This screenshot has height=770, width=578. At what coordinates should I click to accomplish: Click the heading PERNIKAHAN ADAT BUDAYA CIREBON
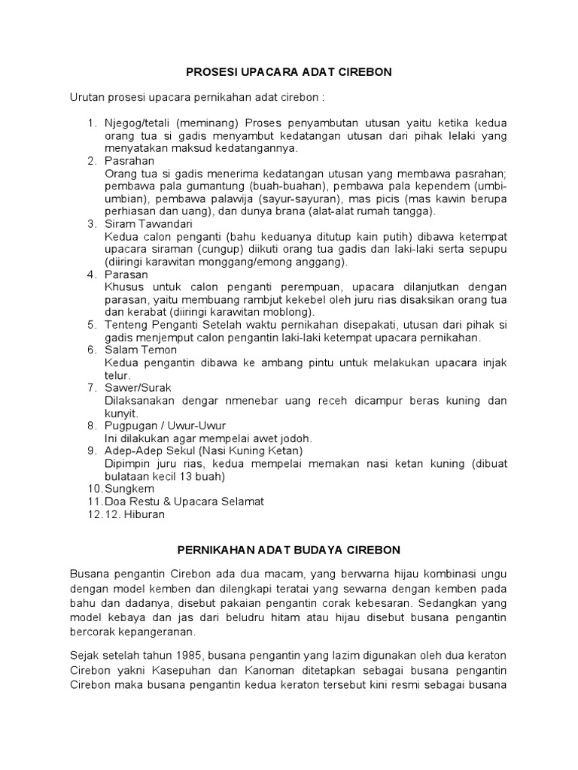point(289,549)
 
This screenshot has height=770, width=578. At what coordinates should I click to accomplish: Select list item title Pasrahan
point(129,161)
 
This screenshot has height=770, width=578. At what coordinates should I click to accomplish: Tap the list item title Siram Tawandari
point(149,224)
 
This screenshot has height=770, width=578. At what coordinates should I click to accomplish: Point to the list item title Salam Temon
point(141,350)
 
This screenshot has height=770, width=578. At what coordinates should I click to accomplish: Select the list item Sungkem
point(129,489)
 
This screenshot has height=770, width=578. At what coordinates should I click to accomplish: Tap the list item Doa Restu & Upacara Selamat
point(184,502)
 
